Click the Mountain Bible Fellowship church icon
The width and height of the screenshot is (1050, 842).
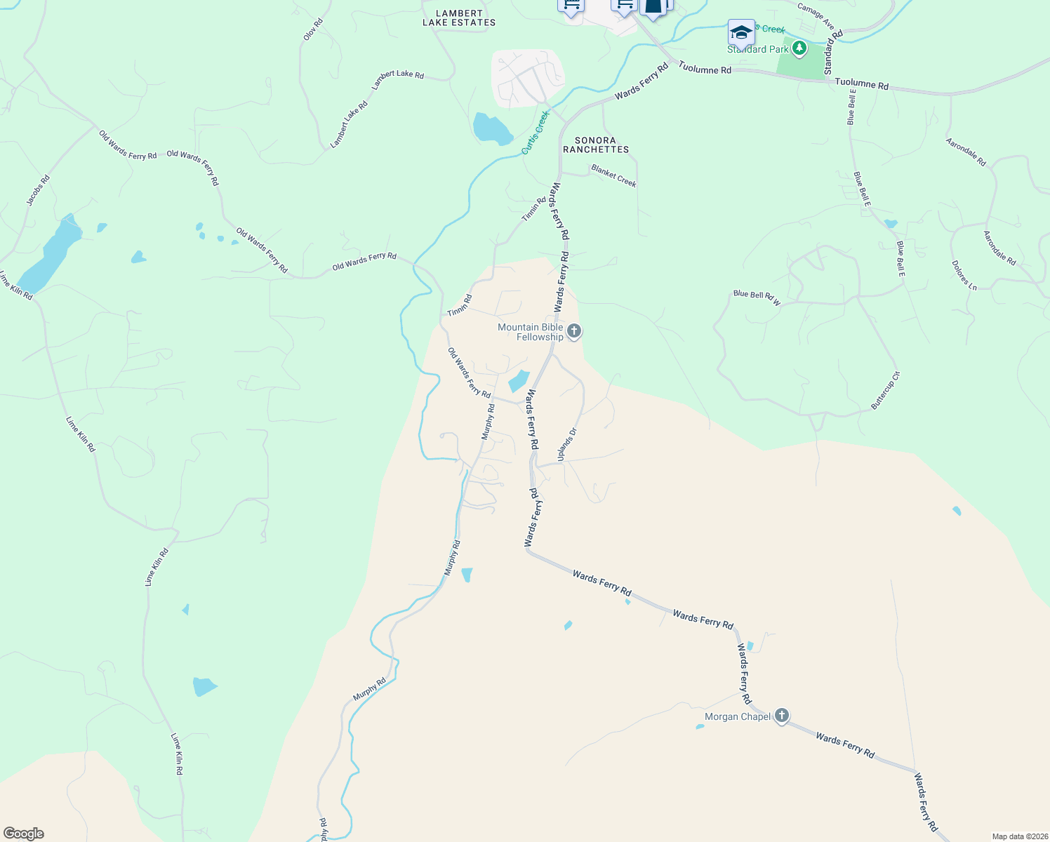574,331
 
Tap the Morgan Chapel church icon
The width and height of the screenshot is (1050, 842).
782,716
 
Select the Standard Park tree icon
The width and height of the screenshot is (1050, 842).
799,48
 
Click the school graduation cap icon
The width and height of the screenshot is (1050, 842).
741,33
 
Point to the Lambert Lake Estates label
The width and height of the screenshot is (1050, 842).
459,18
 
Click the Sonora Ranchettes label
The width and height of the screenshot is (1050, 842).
596,145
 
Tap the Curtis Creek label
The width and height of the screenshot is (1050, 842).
535,133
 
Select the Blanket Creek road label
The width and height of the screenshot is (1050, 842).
613,176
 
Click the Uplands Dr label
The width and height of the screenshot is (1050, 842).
566,445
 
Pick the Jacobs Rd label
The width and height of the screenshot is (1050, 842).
39,190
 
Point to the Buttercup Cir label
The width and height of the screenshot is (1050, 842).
885,391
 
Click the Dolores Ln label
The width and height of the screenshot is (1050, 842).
964,276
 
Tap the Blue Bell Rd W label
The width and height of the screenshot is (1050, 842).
757,298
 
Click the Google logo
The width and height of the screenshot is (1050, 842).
23,834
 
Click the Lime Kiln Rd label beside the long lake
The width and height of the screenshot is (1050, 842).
15,286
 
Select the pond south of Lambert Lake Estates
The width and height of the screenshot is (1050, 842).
491,128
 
